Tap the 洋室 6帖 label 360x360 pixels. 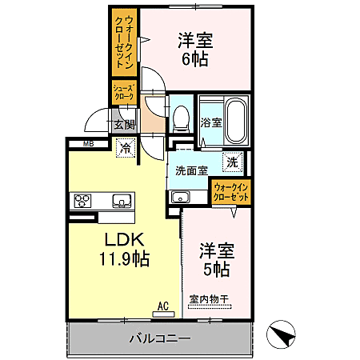click(x=194, y=50)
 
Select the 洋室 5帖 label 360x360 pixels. click(x=214, y=260)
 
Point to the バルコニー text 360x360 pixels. click(x=159, y=338)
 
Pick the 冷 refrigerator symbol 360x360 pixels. click(x=126, y=147)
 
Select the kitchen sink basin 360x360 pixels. click(x=122, y=200)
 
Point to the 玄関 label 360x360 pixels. click(x=123, y=124)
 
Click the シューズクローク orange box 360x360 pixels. click(x=124, y=92)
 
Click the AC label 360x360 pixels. click(x=163, y=306)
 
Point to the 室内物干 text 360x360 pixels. click(x=210, y=300)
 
